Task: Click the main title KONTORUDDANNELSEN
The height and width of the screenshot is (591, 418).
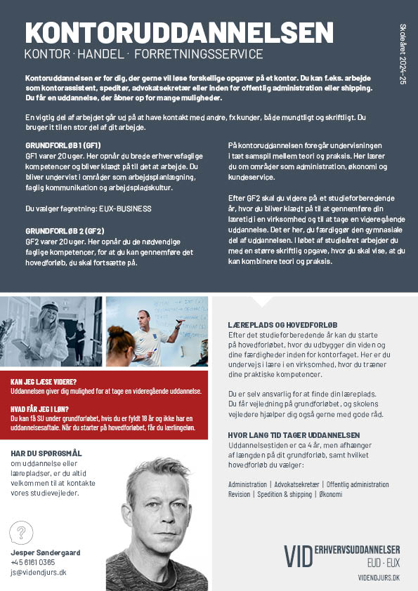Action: tap(178, 33)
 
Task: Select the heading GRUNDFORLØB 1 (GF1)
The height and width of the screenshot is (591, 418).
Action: tap(63, 144)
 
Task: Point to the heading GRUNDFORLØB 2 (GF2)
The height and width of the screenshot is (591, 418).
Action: tap(65, 230)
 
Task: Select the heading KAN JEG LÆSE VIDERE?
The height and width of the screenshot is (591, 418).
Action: tap(44, 383)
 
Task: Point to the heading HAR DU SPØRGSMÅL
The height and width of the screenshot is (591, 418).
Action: tap(46, 453)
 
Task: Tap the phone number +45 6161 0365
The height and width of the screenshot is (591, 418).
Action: tap(32, 562)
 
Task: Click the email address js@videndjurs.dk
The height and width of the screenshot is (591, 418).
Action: tap(39, 572)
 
